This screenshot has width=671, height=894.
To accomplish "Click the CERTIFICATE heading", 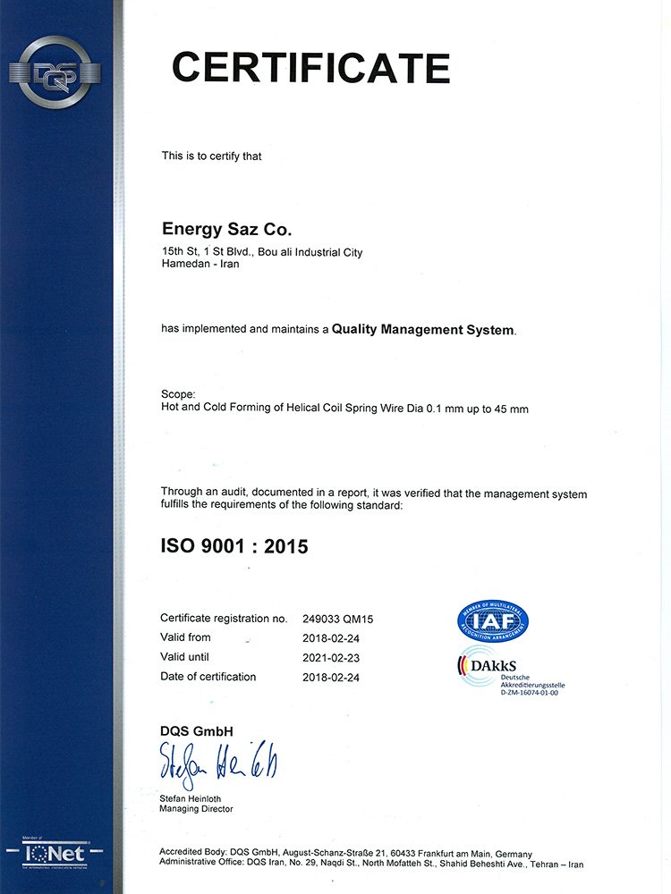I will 310,68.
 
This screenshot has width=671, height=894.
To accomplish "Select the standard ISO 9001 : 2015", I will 234,545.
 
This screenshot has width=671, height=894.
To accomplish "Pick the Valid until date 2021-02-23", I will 332,657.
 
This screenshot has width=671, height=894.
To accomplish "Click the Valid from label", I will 186,637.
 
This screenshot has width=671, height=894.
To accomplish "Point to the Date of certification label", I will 208,677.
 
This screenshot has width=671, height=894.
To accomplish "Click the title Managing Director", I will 197,809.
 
